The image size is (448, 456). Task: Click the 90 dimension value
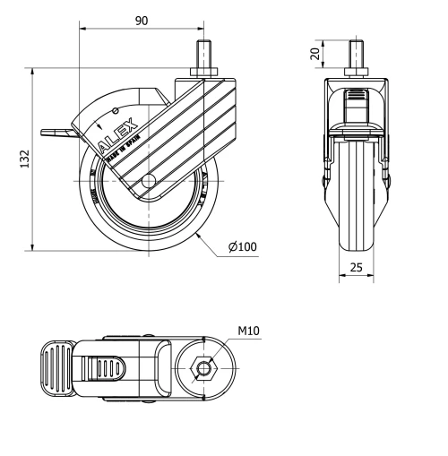click(142, 21)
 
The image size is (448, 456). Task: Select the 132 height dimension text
click(26, 159)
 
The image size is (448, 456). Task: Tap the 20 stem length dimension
click(315, 54)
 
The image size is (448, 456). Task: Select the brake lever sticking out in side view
click(56, 135)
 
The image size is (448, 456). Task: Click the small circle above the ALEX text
click(116, 110)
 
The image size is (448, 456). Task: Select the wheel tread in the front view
click(356, 206)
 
